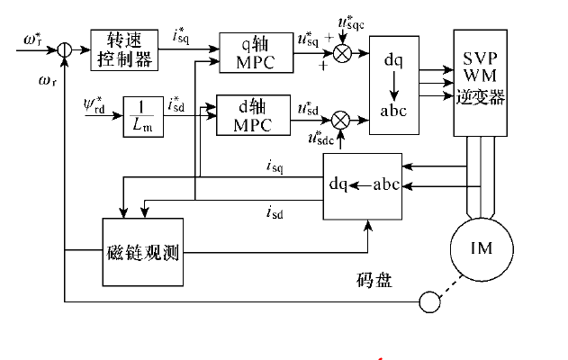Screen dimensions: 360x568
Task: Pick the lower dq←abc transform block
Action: coord(363,185)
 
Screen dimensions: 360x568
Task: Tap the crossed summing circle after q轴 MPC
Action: coord(342,53)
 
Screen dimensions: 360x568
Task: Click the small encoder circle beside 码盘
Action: coord(430,301)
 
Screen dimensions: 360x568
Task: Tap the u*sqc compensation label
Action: coord(348,21)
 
